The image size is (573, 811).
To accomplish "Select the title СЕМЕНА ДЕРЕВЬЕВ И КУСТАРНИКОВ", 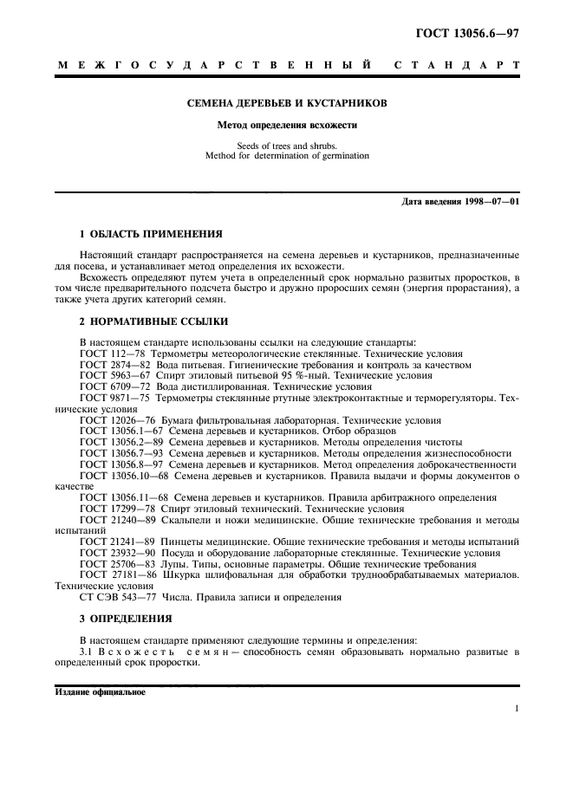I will (287, 103).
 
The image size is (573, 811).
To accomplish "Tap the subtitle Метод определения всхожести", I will (287, 125).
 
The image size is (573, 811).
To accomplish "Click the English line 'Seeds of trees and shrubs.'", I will (287, 146).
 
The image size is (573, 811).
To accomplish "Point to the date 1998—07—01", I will (490, 202).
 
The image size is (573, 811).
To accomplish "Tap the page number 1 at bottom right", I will (516, 709).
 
